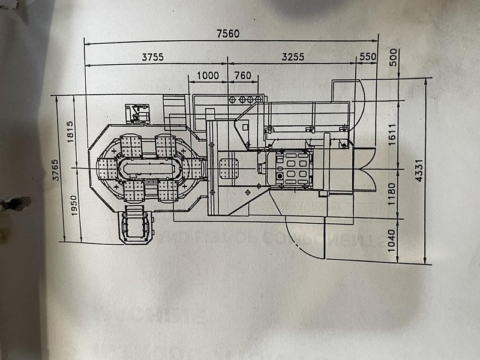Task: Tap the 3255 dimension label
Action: point(293,57)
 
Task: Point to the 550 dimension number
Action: point(367,57)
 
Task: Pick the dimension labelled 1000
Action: point(208,75)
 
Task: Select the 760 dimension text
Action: point(242,75)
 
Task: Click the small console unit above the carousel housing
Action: point(137,113)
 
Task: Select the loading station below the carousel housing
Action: point(137,226)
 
